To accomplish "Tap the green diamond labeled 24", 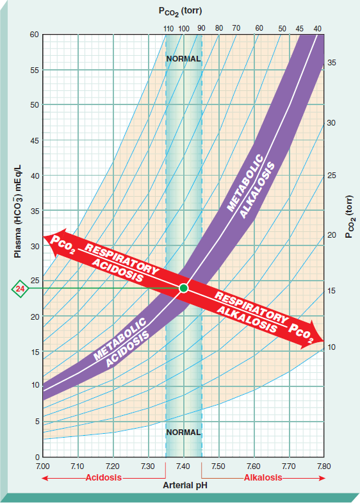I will tap(20, 289).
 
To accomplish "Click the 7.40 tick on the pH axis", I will tap(183, 466).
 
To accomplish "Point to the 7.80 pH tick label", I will tap(323, 466).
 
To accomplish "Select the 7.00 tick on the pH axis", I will tap(43, 466).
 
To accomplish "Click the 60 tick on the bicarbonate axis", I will tap(33, 34).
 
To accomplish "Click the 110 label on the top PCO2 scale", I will tap(168, 28).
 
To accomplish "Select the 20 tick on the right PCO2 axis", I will tap(332, 235).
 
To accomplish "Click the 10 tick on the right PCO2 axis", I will tap(332, 347).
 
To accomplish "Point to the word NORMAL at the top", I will tap(183, 58).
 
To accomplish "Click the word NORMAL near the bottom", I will tap(183, 432).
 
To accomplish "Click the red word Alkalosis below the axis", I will tap(263, 478).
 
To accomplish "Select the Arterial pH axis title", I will tap(183, 486).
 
